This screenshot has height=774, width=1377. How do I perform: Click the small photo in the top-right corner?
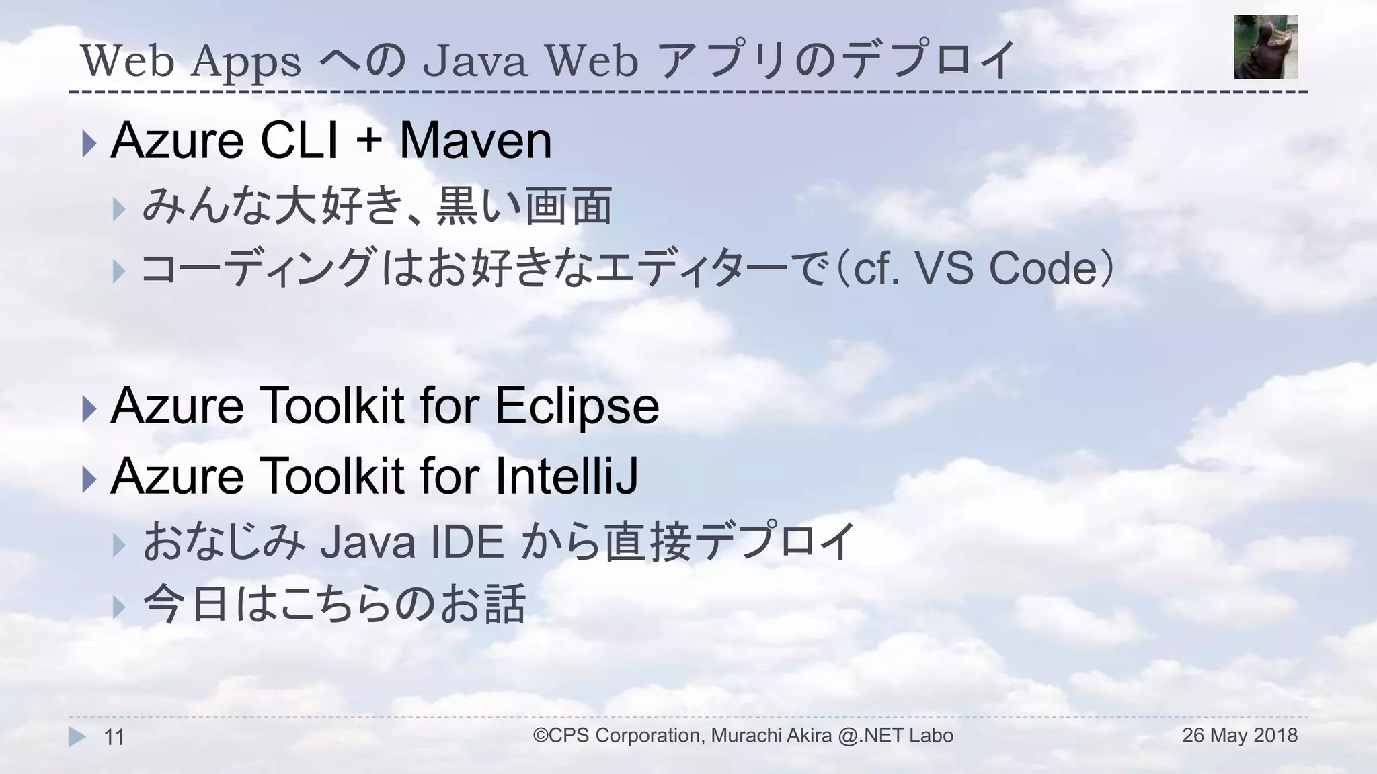point(1265,47)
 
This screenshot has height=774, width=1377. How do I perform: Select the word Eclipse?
point(577,406)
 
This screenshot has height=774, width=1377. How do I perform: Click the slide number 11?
point(114,738)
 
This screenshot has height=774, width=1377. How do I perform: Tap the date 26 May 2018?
point(1239,736)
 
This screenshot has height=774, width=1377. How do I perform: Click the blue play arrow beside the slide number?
point(77,737)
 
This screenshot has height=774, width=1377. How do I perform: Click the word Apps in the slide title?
point(245,62)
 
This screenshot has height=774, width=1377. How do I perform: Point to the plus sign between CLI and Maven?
point(369,142)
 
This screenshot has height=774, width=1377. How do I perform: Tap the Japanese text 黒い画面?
point(524,206)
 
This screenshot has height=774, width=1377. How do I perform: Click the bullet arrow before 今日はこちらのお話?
point(120,607)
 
